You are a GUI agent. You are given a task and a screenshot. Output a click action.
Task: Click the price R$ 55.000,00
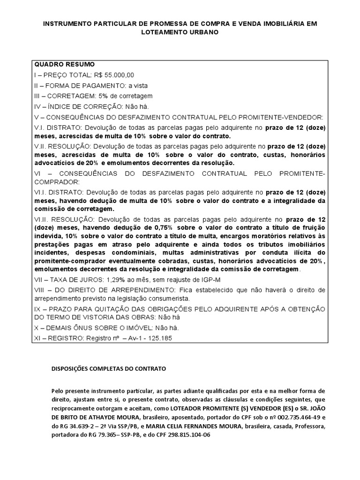115,75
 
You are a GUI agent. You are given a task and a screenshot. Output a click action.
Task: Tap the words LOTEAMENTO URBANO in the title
180,33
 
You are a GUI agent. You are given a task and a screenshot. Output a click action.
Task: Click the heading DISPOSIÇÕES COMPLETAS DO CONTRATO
108,369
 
